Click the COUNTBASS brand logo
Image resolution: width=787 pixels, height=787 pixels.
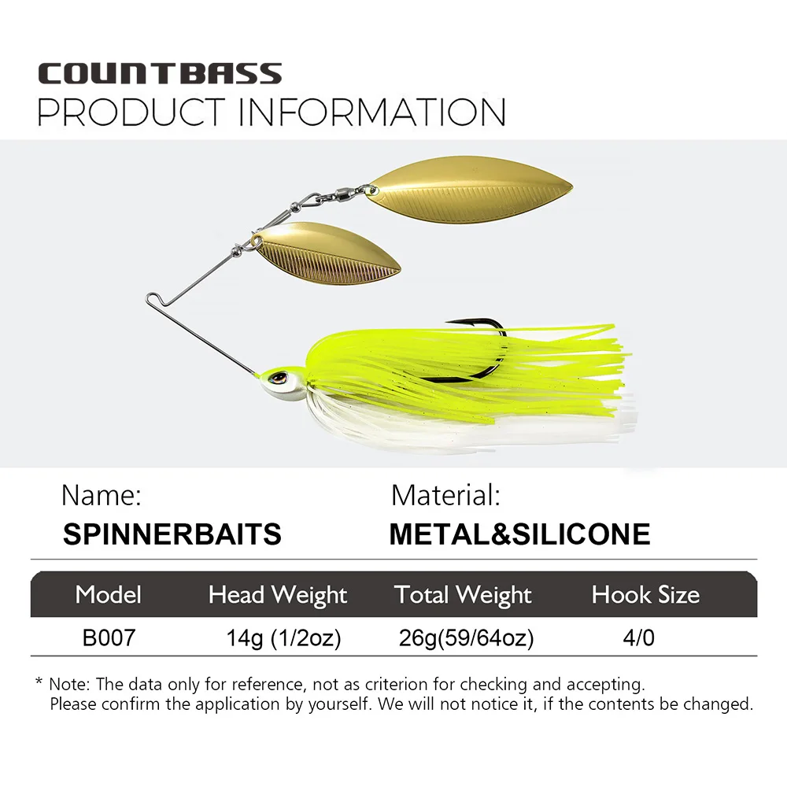(160, 74)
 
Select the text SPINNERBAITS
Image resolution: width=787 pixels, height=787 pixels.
(172, 534)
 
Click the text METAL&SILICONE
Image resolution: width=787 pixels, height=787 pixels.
(519, 534)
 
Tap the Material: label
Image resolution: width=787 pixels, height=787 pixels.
(445, 495)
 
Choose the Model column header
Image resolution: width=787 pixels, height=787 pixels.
(108, 595)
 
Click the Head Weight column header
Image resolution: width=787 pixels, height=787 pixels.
(277, 595)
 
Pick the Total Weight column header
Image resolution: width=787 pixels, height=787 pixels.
(463, 595)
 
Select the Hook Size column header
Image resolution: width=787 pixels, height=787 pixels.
(645, 595)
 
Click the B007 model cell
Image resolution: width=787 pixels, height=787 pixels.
(109, 637)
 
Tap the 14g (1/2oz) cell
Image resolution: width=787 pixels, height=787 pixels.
(283, 637)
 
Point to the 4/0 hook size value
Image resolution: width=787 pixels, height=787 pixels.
(638, 637)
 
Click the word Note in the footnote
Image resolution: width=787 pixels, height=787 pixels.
(68, 684)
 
